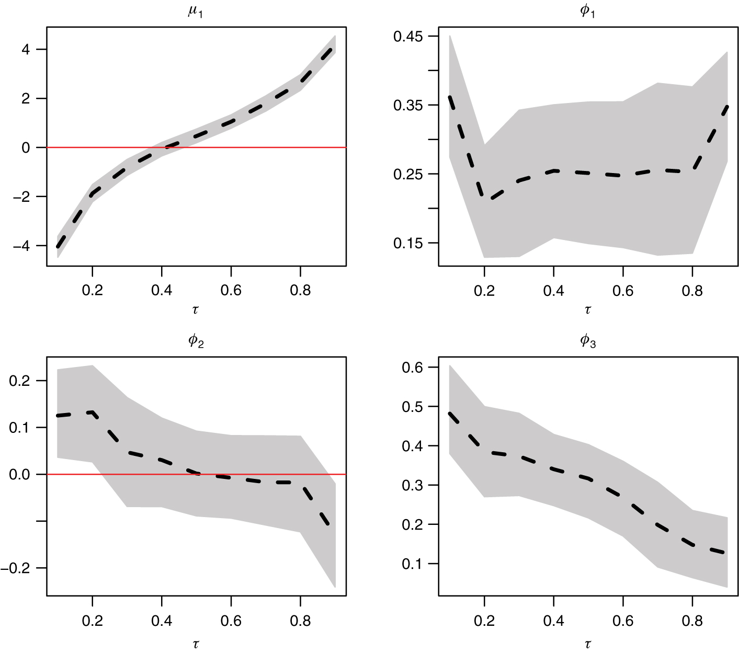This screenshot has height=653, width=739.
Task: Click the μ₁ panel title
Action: (x=196, y=12)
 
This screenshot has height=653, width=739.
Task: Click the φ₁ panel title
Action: (x=588, y=12)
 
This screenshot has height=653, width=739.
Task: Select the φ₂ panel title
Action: (x=196, y=341)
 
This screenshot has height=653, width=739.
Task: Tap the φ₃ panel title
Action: (x=588, y=341)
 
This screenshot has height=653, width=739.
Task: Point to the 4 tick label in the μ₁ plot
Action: (x=26, y=50)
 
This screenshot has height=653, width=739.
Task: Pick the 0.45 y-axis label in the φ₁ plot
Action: (x=408, y=36)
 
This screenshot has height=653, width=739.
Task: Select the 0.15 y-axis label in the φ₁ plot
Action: (x=408, y=243)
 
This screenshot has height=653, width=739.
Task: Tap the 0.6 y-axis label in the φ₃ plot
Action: (x=412, y=368)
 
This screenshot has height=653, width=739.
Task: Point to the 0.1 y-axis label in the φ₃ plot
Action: (x=412, y=564)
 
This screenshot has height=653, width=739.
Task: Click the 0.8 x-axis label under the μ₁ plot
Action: (x=300, y=290)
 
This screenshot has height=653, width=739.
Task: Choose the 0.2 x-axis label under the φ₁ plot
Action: (x=484, y=290)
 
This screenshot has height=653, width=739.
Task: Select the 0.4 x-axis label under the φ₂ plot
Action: (x=162, y=621)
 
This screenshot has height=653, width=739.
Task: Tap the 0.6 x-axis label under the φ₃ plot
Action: (x=623, y=621)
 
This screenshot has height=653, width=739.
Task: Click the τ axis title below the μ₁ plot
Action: (x=196, y=310)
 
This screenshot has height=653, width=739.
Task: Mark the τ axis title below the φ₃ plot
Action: (x=588, y=644)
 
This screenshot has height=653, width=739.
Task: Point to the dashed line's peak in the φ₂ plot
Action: (x=93, y=413)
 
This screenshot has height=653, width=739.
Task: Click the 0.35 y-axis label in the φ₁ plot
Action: (x=408, y=105)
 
